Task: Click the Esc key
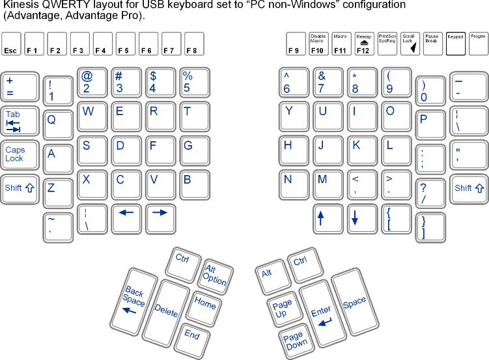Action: pos(11,43)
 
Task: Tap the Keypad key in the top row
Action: pos(456,43)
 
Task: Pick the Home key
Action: pos(205,304)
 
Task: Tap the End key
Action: pos(191,335)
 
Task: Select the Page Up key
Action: pos(282,308)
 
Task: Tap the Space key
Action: pos(355,302)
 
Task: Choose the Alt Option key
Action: pos(214,273)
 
